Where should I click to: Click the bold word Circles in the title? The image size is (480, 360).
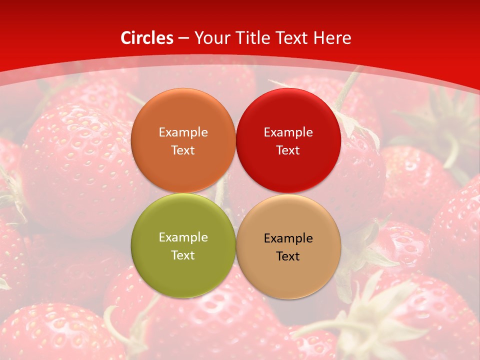coord(146,38)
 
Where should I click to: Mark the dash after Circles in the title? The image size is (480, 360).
coord(183,38)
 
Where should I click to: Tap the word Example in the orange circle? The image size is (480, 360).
coord(183,132)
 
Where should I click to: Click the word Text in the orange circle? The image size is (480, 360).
coord(183,150)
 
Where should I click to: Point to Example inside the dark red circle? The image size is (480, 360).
coord(288,132)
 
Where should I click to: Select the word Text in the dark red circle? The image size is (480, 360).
coord(288,150)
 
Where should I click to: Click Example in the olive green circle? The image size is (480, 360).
coord(183,237)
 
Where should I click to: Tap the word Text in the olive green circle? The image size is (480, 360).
coord(183,255)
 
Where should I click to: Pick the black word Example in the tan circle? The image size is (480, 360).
coord(288,238)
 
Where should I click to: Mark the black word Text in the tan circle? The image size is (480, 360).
coord(288,256)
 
